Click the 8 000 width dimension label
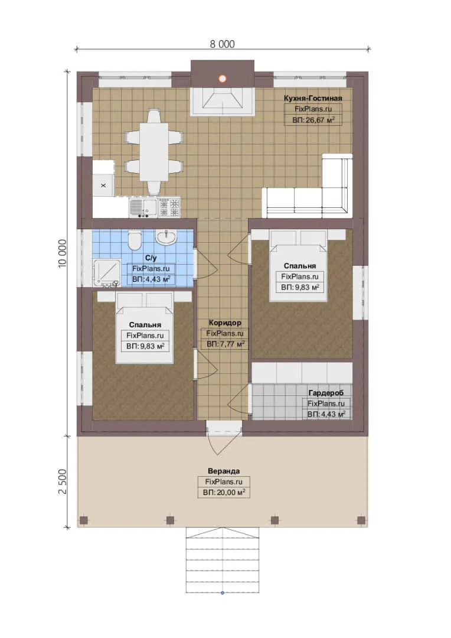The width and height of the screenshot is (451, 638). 222,44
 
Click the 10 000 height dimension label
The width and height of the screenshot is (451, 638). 62,253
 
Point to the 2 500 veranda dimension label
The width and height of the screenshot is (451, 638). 62,481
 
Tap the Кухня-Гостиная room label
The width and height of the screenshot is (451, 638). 313,98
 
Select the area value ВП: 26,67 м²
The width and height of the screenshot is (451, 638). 313,119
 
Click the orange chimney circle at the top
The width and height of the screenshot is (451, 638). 222,79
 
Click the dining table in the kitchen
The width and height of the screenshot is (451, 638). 154,152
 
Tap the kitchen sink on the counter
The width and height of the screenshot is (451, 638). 143,207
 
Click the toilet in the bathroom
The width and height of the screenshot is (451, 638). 134,240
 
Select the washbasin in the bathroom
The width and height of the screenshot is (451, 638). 166,237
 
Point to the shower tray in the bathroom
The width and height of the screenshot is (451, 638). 106,272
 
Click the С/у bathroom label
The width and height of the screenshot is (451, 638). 151,258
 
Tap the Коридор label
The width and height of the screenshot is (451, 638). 225,323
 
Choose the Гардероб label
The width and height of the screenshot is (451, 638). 326,393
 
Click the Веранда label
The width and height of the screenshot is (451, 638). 224,471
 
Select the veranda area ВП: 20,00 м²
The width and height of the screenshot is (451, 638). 224,492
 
